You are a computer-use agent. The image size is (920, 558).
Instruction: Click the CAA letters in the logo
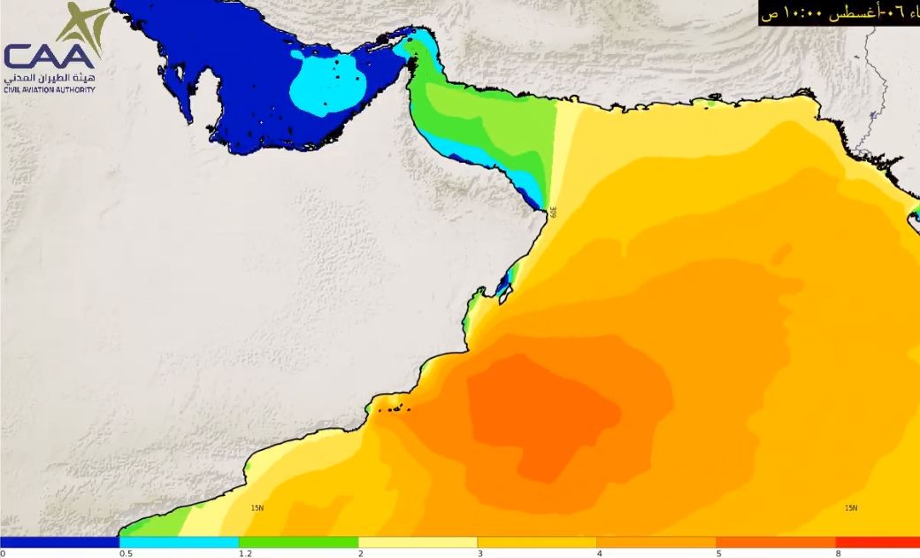click(49, 56)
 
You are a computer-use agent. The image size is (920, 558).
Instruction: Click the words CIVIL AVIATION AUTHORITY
click(49, 90)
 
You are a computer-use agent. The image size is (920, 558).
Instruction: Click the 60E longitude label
click(554, 213)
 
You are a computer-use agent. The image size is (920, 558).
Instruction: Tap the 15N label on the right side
click(850, 508)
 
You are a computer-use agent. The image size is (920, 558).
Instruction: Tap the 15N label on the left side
click(257, 508)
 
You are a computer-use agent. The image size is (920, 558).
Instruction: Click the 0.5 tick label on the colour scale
click(126, 554)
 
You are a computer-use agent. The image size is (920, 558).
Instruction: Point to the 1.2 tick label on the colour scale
click(245, 554)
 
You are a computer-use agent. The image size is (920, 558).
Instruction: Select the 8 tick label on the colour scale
click(838, 554)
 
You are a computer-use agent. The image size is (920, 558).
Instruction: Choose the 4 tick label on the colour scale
click(599, 554)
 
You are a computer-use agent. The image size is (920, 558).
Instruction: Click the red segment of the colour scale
click(878, 541)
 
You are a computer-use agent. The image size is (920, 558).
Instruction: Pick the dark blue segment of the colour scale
click(59, 541)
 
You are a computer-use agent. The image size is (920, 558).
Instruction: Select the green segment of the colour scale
click(298, 541)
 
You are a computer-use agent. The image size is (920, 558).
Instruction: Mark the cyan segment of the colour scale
click(179, 541)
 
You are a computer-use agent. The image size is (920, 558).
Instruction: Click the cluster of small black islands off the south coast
click(393, 408)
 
